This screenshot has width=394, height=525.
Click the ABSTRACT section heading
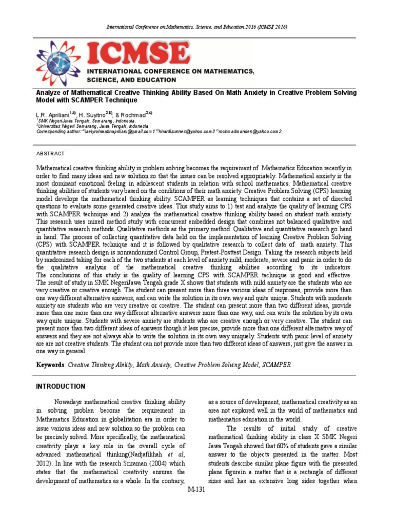50,153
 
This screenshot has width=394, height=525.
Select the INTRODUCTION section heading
61,386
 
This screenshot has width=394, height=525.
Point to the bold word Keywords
50,365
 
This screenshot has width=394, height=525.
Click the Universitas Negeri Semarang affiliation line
92,126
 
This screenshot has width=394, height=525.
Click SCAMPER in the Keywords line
278,365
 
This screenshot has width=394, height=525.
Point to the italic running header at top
196,26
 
